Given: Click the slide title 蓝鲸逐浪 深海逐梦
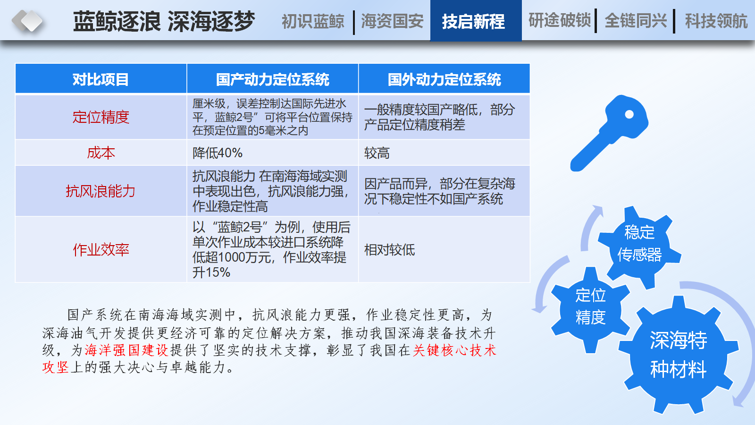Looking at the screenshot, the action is pos(164,21).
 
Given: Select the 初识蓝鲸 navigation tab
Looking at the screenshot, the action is pos(313,21).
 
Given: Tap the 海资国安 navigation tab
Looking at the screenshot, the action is pos(392,21).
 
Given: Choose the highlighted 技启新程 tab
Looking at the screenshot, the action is pos(476,21).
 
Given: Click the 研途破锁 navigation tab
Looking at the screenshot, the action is pos(560,20).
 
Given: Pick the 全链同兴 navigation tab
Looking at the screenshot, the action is pos(636,21).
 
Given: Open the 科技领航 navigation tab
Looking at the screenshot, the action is pos(716,21).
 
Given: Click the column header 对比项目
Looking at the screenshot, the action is pos(101,79).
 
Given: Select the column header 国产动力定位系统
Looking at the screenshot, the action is pos(272,79).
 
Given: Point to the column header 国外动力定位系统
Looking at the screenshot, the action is pos(444,79).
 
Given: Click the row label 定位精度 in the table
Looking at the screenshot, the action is pos(101,117).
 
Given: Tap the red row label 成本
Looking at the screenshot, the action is pos(101,153).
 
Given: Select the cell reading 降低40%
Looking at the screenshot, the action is pos(218,153).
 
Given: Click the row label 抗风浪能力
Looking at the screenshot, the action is pos(101,191).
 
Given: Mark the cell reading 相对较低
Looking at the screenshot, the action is pos(390,250).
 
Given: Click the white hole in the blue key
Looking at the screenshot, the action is pos(629,115).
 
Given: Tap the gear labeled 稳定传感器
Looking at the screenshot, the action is pos(639,246).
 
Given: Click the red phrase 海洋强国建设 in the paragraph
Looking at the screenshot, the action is pos(126,350).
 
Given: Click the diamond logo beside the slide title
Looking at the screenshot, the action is pos(28,21).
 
